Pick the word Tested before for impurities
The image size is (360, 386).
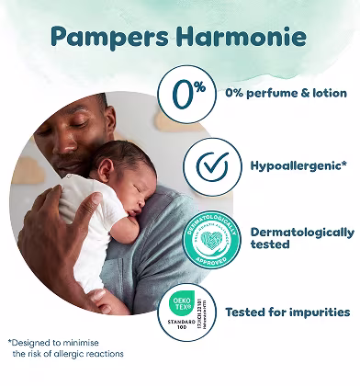(247, 312)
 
